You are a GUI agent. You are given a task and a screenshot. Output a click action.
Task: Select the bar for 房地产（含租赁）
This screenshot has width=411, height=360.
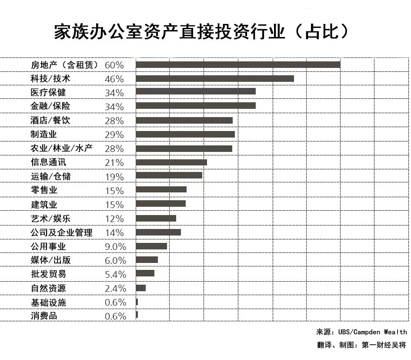(237, 65)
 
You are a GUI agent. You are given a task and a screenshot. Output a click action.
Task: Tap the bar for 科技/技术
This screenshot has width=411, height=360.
(214, 79)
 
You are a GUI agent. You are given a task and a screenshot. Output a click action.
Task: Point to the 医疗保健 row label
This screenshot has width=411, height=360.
(48, 93)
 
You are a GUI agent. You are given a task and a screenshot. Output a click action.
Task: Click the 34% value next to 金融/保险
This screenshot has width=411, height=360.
(114, 107)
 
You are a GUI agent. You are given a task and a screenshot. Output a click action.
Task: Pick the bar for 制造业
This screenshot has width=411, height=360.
(185, 135)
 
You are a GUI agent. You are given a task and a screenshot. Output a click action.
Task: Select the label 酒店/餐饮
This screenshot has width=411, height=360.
(50, 121)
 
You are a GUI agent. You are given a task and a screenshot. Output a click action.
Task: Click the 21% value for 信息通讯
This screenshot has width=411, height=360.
(114, 163)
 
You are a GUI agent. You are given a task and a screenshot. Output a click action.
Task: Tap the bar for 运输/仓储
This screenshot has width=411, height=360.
(169, 175)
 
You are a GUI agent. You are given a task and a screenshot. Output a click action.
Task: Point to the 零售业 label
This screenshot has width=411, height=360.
(44, 191)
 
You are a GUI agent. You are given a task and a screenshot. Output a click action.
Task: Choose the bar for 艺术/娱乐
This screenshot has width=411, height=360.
(156, 218)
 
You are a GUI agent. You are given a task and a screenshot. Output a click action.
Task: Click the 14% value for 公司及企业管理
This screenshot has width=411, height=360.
(114, 232)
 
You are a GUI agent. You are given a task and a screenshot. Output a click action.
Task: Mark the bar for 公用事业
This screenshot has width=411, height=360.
(151, 246)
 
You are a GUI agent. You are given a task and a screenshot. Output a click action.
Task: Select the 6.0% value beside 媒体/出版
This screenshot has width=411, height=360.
(115, 260)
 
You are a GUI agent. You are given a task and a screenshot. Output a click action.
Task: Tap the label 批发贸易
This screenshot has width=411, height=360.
(48, 274)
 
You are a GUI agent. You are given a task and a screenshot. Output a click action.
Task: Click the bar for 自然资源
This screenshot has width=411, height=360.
(140, 288)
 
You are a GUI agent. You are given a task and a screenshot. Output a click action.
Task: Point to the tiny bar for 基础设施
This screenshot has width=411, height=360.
(137, 302)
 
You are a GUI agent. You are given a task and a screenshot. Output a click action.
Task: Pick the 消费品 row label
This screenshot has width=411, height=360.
(44, 316)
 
